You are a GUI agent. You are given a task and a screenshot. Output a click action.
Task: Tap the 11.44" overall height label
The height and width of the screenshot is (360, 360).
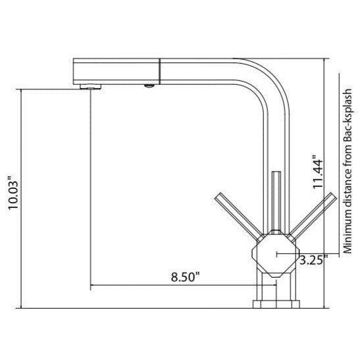[x=318, y=172]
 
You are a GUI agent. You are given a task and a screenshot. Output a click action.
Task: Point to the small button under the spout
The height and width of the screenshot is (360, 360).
[x=149, y=86]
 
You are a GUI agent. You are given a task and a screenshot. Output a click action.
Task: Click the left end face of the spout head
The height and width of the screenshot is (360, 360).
[x=72, y=70]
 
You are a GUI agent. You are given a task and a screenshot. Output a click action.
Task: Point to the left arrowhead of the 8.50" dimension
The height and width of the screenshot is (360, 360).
[x=93, y=286]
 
